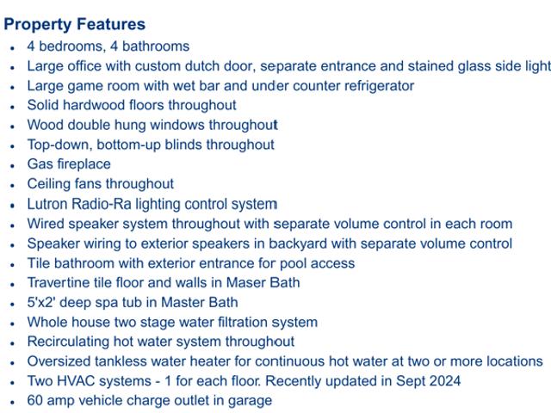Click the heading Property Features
pyautogui.click(x=75, y=25)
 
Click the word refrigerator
pyautogui.click(x=379, y=86)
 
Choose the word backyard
pyautogui.click(x=298, y=243)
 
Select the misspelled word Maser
pyautogui.click(x=241, y=283)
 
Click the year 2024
pyautogui.click(x=446, y=381)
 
